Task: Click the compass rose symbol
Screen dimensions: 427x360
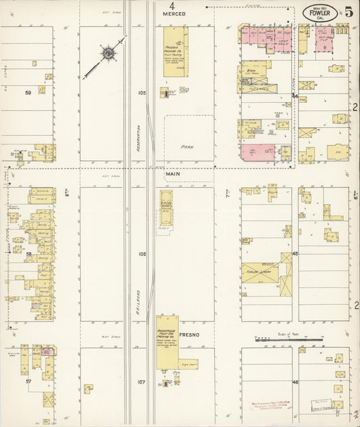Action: tap(107, 53)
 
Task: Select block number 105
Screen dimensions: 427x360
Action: tap(141, 93)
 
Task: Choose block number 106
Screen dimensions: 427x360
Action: tap(141, 255)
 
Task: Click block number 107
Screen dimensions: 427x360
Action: tap(141, 382)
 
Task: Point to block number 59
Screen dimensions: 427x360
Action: tap(28, 93)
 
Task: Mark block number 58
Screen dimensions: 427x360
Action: tap(28, 255)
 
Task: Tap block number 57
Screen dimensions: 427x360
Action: tap(28, 382)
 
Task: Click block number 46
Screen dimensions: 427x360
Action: tap(294, 382)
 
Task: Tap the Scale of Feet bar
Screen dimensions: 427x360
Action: tap(280, 336)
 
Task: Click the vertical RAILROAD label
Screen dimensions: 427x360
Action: tap(137, 284)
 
